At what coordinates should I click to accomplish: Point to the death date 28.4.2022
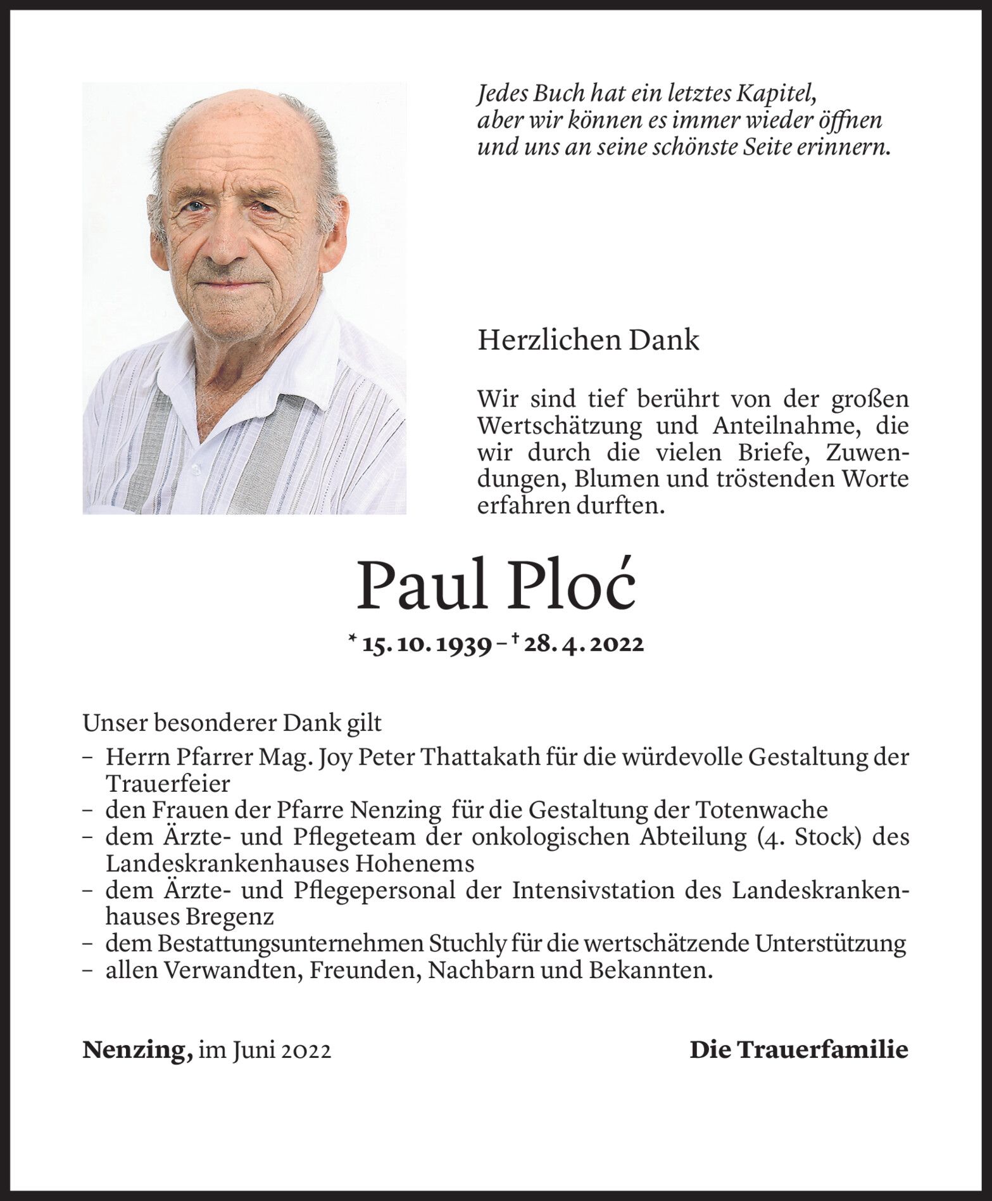(x=584, y=644)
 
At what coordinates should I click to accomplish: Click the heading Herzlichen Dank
(x=588, y=340)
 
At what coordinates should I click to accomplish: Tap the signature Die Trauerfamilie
(x=798, y=1050)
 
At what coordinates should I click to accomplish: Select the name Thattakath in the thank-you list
(x=481, y=757)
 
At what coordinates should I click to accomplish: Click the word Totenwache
(x=762, y=810)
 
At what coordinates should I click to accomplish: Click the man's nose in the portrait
(x=225, y=244)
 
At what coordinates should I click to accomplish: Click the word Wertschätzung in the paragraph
(x=560, y=426)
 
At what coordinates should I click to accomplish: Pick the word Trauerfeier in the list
(x=168, y=784)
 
